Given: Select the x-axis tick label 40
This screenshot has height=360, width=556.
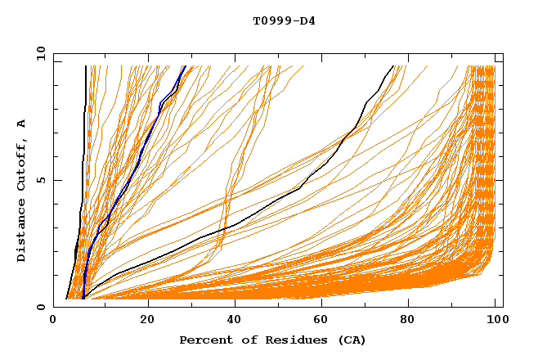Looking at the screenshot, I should (x=235, y=321).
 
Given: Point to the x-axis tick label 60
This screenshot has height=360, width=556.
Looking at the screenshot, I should (x=321, y=321).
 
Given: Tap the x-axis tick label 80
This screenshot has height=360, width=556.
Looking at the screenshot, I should (x=408, y=321).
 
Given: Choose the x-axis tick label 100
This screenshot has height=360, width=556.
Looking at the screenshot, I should (x=494, y=321).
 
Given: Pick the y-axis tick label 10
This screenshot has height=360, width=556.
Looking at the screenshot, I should (x=40, y=52).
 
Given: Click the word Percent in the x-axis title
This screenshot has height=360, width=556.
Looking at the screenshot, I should (x=204, y=340).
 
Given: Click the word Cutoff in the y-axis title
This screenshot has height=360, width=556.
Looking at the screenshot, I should (x=22, y=164).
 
